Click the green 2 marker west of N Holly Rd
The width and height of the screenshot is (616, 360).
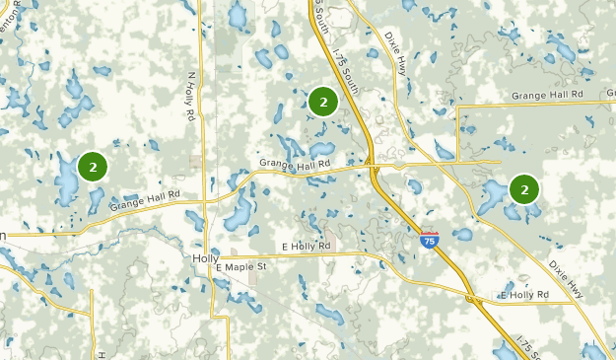(93, 167)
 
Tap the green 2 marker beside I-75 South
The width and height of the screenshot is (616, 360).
(323, 101)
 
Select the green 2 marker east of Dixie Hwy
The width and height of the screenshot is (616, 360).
(524, 187)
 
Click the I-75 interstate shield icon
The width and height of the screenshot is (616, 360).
(429, 240)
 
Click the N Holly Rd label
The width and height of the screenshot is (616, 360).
(189, 96)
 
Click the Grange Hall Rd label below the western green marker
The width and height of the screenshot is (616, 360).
(145, 202)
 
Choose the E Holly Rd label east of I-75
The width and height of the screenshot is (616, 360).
(523, 295)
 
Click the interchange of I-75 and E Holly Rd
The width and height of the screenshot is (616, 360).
(473, 293)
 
